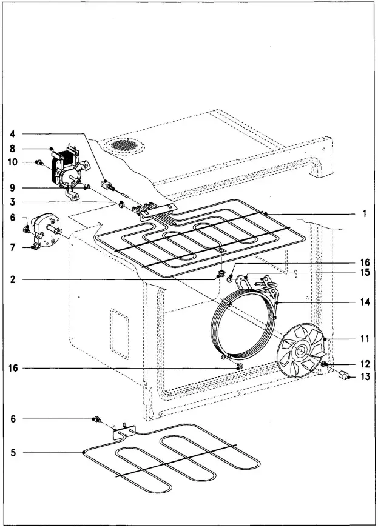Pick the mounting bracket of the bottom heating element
pyautogui.click(x=121, y=431)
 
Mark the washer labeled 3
pyautogui.click(x=122, y=205)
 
